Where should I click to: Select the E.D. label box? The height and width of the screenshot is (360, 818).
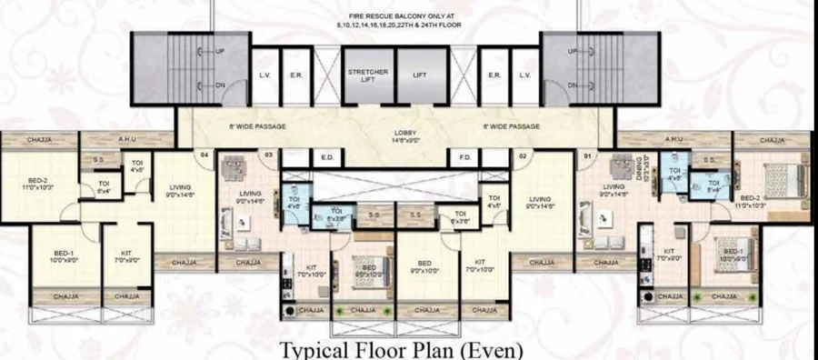[327, 158]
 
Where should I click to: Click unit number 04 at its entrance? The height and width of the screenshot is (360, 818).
[204, 155]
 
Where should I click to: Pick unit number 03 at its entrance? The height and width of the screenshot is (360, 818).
[269, 155]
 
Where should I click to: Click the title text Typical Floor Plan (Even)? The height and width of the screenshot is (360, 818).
[400, 349]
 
